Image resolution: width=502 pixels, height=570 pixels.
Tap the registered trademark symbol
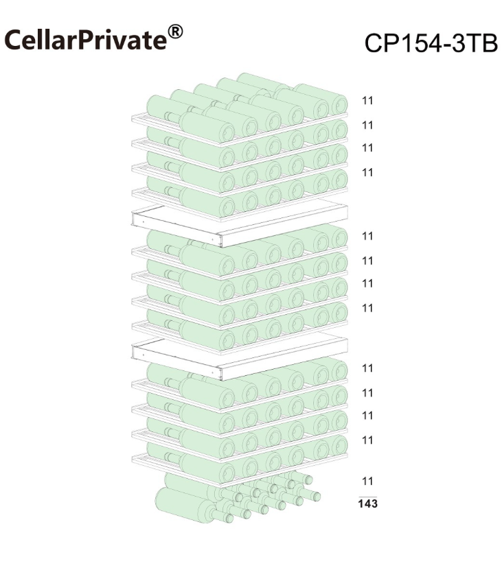coord(175,32)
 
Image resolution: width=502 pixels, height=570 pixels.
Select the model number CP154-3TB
coord(431,43)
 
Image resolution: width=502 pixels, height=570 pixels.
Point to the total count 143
coord(367,504)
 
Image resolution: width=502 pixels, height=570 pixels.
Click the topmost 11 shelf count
coord(367,100)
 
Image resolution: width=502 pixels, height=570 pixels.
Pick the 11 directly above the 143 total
coord(367,481)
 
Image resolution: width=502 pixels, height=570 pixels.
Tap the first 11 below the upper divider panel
coord(367,236)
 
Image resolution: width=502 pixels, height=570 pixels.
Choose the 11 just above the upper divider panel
coord(367,172)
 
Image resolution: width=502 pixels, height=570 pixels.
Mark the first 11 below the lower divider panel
coord(367,368)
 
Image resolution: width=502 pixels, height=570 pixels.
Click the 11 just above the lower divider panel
coord(367,308)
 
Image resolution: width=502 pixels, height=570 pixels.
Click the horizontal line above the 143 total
coord(367,497)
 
